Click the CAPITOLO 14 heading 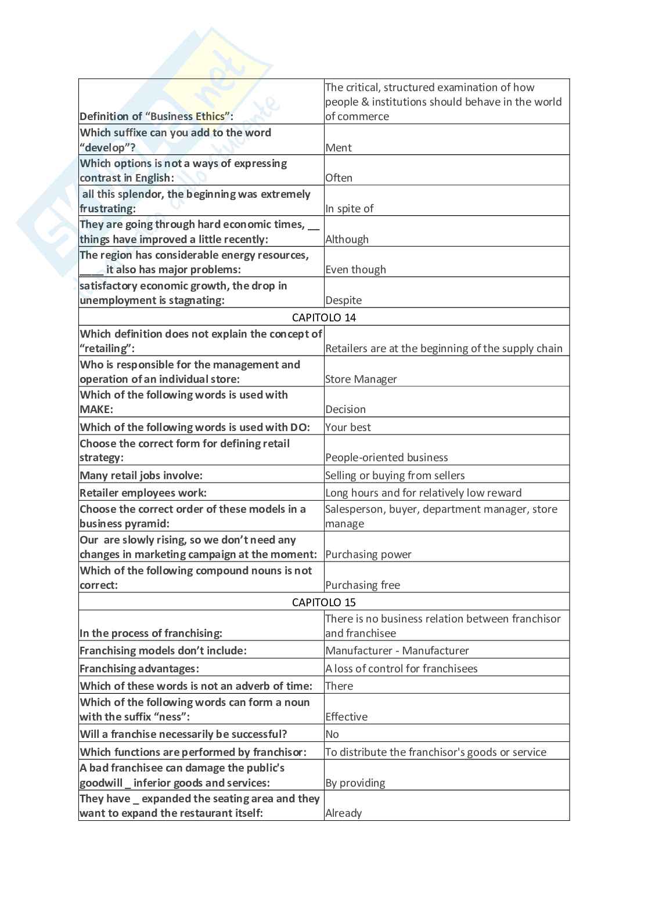[x=324, y=317]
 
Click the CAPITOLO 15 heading [x=324, y=602]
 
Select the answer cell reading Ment [x=339, y=147]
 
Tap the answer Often [x=339, y=178]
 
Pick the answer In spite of [x=349, y=208]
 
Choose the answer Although [x=347, y=239]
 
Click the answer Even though [x=355, y=269]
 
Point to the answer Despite [x=343, y=300]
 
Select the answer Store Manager [x=361, y=379]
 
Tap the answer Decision [x=345, y=409]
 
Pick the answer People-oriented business [x=386, y=457]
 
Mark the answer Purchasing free [x=362, y=585]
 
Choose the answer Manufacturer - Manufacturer [x=397, y=650]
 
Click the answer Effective [x=346, y=716]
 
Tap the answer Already [x=343, y=813]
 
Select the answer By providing [x=355, y=783]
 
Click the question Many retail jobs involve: [x=141, y=475]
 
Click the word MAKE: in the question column [x=96, y=409]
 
